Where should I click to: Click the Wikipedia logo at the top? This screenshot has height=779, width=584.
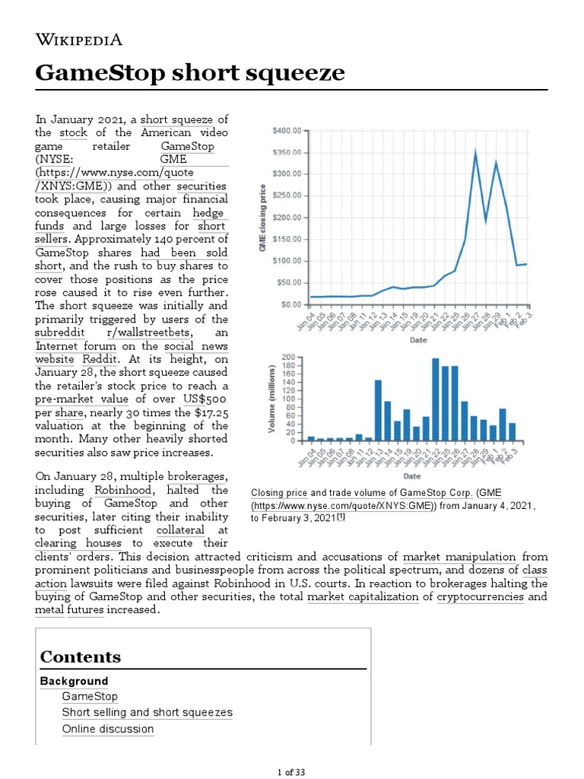pyautogui.click(x=79, y=40)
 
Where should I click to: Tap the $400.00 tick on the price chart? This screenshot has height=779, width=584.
pyautogui.click(x=287, y=131)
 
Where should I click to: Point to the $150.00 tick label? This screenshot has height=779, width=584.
pyautogui.click(x=287, y=240)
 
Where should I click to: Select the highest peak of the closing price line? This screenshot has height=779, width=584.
pyautogui.click(x=475, y=152)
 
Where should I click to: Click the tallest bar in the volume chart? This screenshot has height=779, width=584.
pyautogui.click(x=436, y=399)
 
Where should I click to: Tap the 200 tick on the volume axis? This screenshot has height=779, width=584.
pyautogui.click(x=289, y=357)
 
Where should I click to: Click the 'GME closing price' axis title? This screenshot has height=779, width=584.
pyautogui.click(x=263, y=218)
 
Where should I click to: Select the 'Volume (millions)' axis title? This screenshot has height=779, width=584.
pyautogui.click(x=271, y=399)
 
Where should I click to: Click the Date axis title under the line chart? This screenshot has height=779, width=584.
pyautogui.click(x=418, y=340)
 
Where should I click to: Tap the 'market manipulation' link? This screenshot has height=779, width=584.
pyautogui.click(x=459, y=557)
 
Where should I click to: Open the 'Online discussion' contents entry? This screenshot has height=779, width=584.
pyautogui.click(x=108, y=729)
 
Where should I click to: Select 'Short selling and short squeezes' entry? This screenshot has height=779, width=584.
pyautogui.click(x=148, y=712)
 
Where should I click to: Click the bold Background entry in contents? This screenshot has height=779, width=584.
pyautogui.click(x=74, y=681)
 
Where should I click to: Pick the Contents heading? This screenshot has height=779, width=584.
pyautogui.click(x=80, y=657)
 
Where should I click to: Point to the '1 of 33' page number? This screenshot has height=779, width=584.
pyautogui.click(x=292, y=772)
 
